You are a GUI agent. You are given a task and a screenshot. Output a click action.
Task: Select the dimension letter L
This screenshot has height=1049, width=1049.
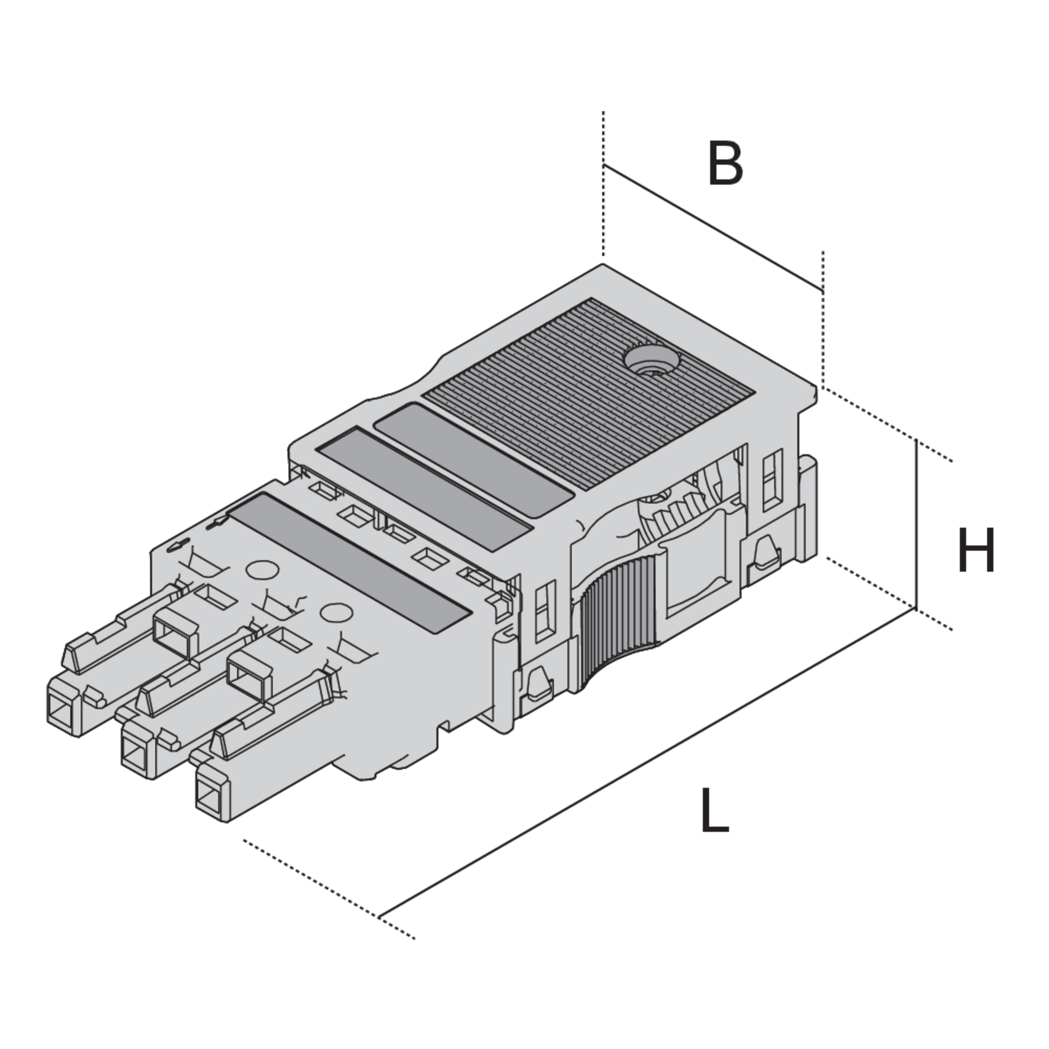tap(714, 810)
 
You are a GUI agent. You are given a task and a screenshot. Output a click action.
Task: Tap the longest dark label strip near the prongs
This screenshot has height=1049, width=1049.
tap(349, 562)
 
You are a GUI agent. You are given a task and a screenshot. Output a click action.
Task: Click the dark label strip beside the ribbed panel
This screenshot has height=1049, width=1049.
tap(474, 459)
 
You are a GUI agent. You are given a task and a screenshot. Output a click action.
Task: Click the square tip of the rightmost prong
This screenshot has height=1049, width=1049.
tap(212, 793)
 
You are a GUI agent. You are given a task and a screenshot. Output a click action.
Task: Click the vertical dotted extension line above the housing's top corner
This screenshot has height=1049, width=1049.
tap(603, 183)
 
